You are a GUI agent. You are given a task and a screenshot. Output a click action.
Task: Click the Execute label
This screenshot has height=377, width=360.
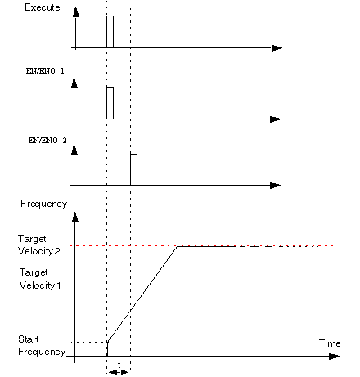click(43, 7)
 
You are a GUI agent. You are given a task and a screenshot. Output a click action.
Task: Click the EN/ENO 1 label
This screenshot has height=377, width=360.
click(45, 71)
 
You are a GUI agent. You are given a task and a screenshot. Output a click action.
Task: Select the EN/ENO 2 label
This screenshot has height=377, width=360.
click(47, 141)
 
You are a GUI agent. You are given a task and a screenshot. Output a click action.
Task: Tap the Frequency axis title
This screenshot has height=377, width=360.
click(44, 204)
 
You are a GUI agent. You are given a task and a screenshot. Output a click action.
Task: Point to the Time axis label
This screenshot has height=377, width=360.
click(330, 343)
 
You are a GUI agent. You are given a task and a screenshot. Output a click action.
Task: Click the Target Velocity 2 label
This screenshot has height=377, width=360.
click(39, 245)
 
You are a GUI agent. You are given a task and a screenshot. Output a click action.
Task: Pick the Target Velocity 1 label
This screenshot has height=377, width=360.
click(40, 279)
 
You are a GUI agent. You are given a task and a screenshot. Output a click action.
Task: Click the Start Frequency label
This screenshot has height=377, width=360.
click(42, 345)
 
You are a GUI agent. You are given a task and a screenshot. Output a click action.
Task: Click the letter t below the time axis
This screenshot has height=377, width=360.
click(119, 364)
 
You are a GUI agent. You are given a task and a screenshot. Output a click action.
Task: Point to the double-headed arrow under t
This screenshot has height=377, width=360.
click(119, 372)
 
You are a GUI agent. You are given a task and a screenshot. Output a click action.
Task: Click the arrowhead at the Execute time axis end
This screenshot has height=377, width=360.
click(277, 48)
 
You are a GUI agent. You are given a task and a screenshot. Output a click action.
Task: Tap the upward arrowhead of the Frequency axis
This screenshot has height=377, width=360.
click(75, 218)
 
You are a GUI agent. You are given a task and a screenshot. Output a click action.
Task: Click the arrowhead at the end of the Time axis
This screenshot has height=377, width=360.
click(335, 357)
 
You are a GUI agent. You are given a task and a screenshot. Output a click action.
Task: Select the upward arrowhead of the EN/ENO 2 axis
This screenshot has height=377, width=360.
click(74, 150)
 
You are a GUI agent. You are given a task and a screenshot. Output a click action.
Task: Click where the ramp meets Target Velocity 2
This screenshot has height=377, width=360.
click(178, 246)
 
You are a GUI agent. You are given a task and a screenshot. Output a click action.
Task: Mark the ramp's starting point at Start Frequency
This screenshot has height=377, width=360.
click(108, 342)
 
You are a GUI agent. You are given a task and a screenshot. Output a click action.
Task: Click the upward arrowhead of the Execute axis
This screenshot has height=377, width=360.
click(76, 12)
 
